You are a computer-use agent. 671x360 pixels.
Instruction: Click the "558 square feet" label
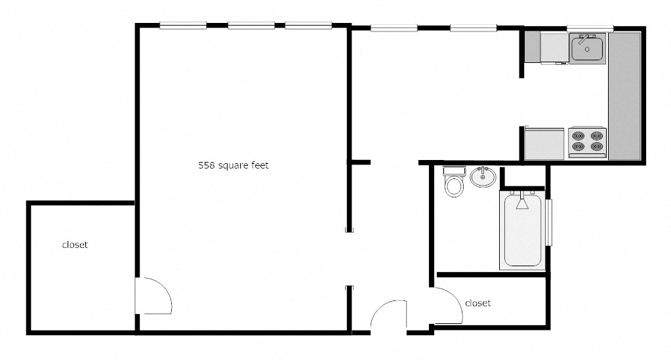pos(234,166)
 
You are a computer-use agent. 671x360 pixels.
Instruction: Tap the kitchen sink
pos(587,48)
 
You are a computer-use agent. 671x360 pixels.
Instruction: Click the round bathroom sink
pos(483,176)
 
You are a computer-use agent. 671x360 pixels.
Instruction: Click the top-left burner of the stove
pos(578,136)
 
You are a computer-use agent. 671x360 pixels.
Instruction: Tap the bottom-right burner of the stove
pos(596,148)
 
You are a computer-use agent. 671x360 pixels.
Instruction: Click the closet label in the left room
pos(75,245)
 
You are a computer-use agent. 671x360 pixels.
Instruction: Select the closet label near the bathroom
pos(478,303)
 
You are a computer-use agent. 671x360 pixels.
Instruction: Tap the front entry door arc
pos(389,313)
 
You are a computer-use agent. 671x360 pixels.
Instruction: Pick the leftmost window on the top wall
pos(183,26)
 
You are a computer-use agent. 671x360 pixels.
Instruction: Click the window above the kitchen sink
pos(590,28)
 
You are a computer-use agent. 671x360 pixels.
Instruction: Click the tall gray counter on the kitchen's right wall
pos(624,95)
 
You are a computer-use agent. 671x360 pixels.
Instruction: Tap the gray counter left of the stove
pos(544,144)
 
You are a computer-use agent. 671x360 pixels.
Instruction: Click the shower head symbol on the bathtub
pos(523,203)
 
